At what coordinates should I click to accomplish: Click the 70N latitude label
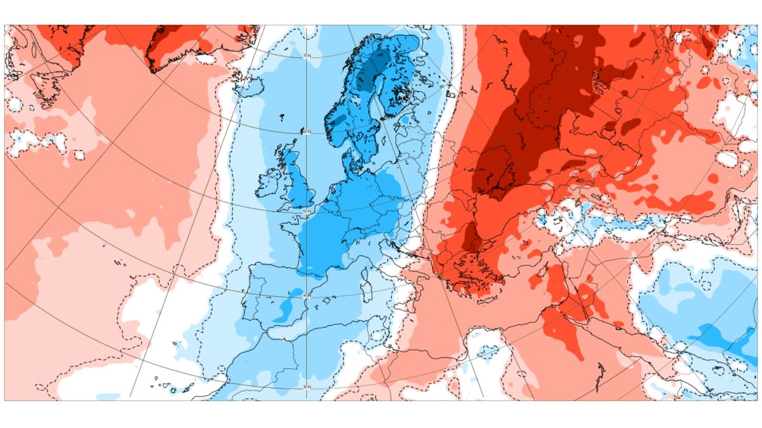[307, 56]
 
